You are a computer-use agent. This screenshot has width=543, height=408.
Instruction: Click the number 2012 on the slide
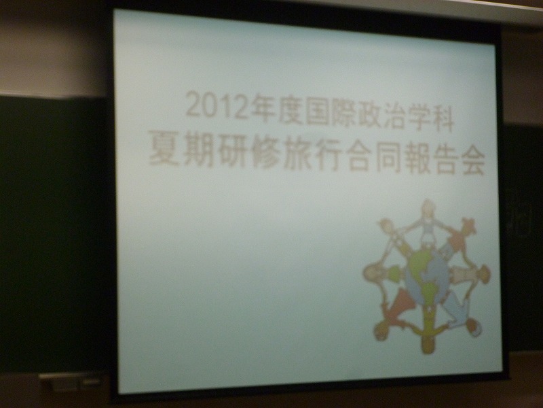pos(217,106)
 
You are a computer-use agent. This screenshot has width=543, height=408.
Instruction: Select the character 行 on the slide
pos(331,157)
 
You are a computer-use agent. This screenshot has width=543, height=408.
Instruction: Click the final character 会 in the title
pos(470,161)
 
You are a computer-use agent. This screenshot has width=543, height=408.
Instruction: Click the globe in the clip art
pos(427,276)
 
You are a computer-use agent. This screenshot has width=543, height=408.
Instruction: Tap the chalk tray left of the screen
pos(72,381)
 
